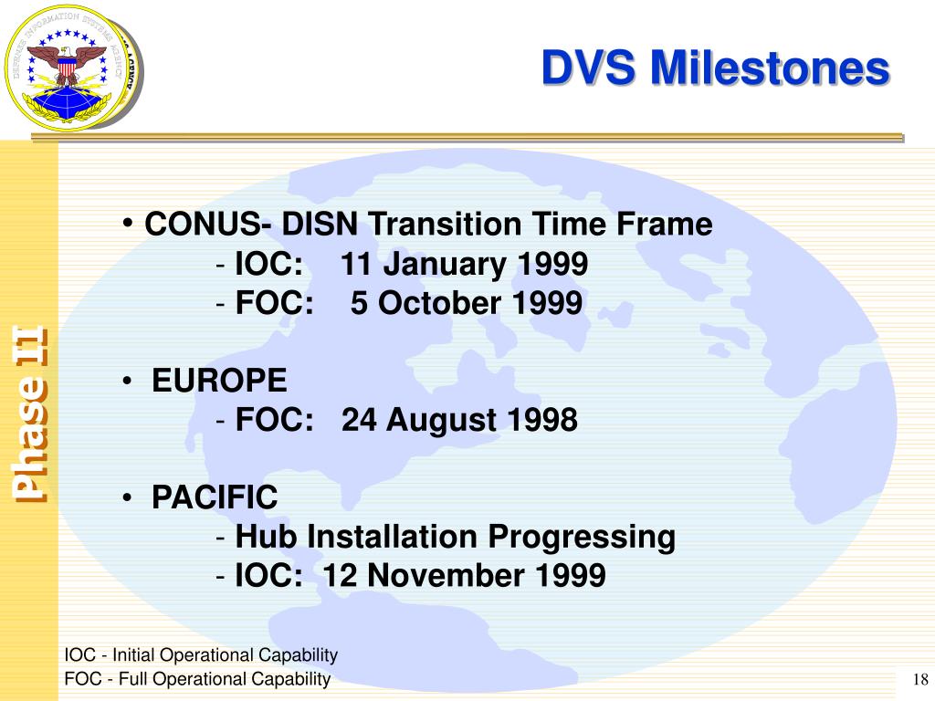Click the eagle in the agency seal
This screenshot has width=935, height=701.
[67, 65]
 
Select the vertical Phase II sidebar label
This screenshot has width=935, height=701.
[30, 414]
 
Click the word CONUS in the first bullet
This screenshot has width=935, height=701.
[202, 225]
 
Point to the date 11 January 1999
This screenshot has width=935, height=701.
[464, 264]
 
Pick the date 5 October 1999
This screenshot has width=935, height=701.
[466, 303]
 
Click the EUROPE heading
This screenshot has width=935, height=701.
[219, 381]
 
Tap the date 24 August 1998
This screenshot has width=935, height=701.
[459, 420]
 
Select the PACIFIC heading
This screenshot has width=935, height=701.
[215, 497]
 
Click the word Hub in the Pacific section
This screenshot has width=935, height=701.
[266, 536]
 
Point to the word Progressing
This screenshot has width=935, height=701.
[582, 538]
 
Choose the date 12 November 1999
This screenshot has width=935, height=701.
[464, 575]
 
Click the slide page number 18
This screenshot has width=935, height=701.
[920, 679]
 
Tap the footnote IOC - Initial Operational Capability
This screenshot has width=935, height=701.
[201, 655]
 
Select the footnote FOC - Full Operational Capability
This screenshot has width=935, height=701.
[197, 679]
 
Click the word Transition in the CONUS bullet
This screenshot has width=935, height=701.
[446, 225]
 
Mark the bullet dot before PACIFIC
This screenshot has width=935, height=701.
[126, 497]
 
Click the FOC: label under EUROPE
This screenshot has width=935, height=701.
[274, 420]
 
